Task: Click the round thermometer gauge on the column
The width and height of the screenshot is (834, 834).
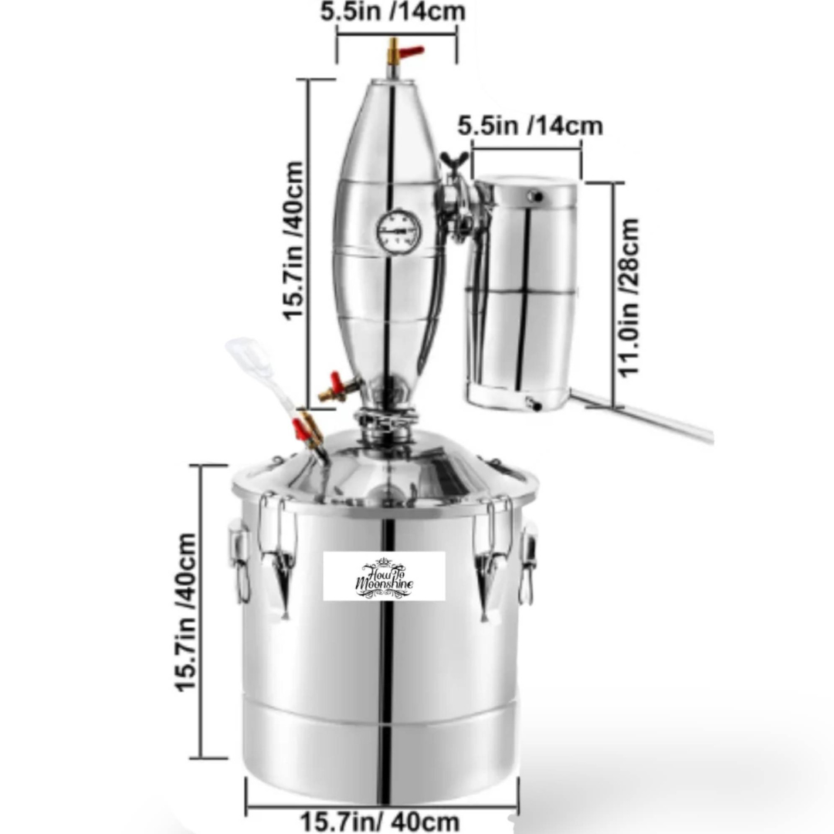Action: point(398,232)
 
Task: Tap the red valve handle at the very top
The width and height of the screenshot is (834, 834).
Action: point(412,52)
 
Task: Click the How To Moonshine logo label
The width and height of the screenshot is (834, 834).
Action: point(384,576)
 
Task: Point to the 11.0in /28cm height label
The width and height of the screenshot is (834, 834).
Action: point(629,297)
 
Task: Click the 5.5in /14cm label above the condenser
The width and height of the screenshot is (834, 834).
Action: point(531,126)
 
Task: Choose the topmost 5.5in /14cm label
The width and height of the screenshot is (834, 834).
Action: point(392,12)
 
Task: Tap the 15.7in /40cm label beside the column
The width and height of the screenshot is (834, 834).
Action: point(293,241)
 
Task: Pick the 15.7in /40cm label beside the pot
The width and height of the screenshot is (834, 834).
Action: point(186,612)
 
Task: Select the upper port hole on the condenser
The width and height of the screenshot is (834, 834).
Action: point(536,197)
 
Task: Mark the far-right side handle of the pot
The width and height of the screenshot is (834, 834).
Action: point(528,563)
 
